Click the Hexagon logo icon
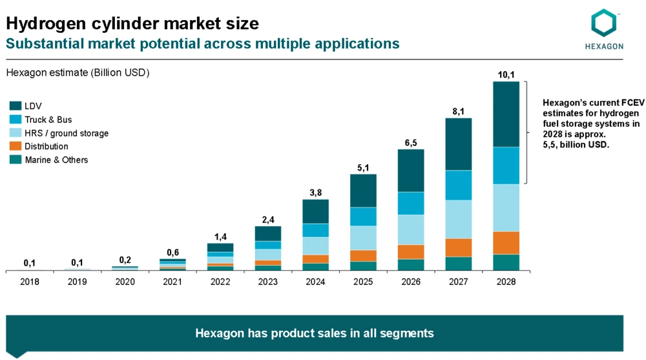(604, 23)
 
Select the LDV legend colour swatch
(15, 106)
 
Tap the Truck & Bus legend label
(48, 120)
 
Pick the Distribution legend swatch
(15, 146)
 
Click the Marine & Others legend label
(56, 160)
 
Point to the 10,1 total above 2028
(506, 75)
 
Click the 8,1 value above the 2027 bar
(458, 111)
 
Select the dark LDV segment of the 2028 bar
(506, 114)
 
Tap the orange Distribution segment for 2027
(458, 248)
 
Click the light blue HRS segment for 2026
(411, 229)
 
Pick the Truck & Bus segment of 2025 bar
(363, 217)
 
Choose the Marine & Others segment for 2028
(506, 262)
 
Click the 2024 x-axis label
(315, 282)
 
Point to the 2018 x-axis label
(30, 282)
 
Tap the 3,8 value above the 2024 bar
(315, 193)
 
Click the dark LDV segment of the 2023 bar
(268, 233)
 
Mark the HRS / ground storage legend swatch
(15, 132)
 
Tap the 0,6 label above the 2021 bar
(172, 252)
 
